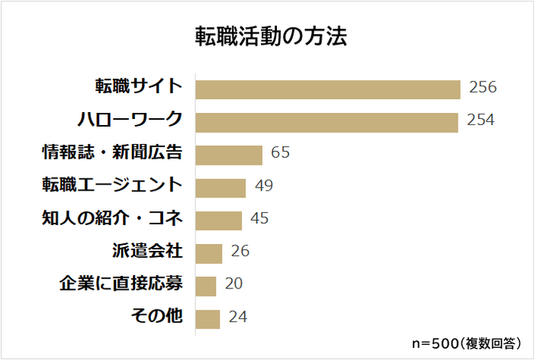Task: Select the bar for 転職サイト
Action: click(328, 88)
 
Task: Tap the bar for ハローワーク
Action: click(327, 122)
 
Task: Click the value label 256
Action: click(482, 87)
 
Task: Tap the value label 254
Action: click(481, 121)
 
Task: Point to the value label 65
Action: click(280, 153)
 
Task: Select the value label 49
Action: click(264, 186)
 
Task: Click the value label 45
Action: click(259, 219)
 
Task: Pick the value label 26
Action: click(240, 252)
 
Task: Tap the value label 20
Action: click(233, 284)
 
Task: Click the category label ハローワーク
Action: click(130, 120)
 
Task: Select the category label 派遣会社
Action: click(147, 251)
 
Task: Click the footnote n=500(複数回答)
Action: click(463, 342)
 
